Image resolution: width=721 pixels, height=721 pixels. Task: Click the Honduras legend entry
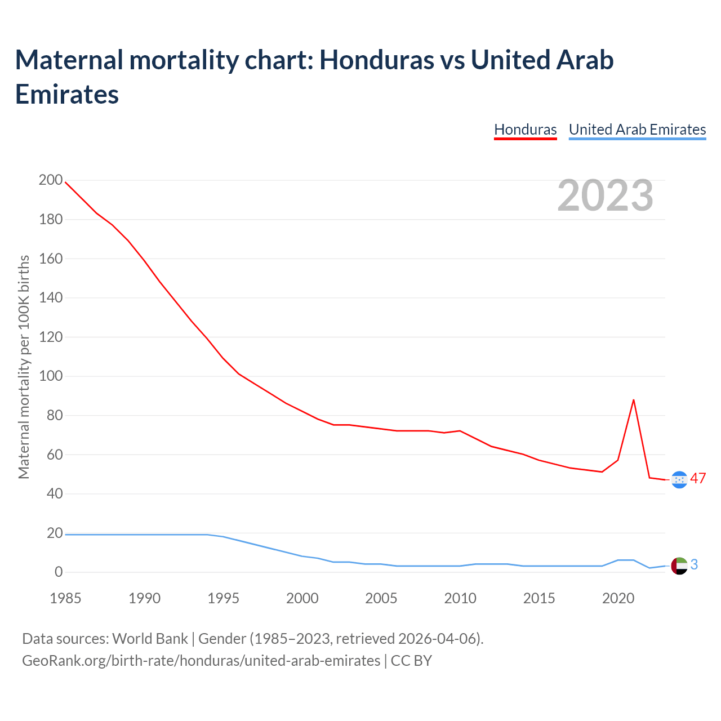[525, 130]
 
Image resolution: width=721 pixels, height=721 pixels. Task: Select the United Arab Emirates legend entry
[637, 130]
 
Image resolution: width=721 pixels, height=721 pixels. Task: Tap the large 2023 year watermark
[605, 195]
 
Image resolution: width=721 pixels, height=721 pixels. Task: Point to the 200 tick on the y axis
[51, 180]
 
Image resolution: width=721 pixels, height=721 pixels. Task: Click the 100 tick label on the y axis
[51, 376]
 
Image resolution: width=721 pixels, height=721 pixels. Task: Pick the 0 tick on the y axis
[59, 572]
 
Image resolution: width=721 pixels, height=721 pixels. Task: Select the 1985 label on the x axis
[65, 598]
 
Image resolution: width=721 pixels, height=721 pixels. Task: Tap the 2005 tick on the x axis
[381, 598]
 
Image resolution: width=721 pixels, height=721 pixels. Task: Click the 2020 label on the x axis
[618, 598]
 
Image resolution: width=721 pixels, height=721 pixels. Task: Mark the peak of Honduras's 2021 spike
[634, 400]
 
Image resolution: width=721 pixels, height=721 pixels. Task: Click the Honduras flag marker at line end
[679, 479]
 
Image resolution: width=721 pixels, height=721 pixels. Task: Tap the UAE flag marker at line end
[679, 566]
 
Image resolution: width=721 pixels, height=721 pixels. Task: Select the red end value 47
[698, 479]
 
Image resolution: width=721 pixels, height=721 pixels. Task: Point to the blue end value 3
[694, 564]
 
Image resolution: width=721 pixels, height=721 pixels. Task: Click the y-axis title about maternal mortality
[24, 367]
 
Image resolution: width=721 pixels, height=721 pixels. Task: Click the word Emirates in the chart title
[67, 94]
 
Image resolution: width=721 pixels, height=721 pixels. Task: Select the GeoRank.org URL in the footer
[201, 660]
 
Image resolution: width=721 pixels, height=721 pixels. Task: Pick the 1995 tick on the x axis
[224, 598]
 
